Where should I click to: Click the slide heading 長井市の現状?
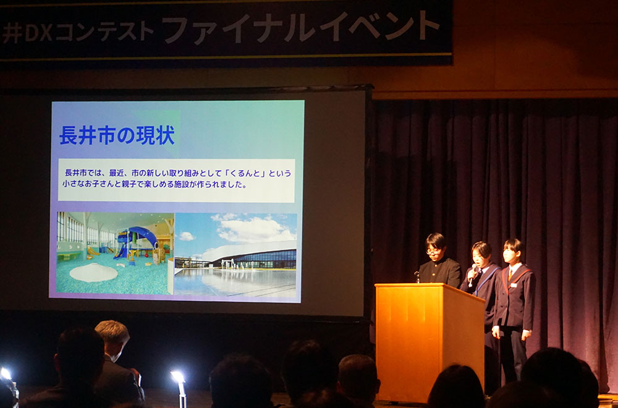tap(117, 135)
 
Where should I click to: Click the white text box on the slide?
tap(177, 181)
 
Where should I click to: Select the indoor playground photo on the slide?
tap(115, 253)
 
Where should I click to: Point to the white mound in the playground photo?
tap(94, 273)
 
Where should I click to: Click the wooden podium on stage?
tap(430, 341)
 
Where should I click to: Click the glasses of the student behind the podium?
tap(434, 250)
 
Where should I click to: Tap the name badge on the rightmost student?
tap(513, 284)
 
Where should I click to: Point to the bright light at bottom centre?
tap(177, 376)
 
